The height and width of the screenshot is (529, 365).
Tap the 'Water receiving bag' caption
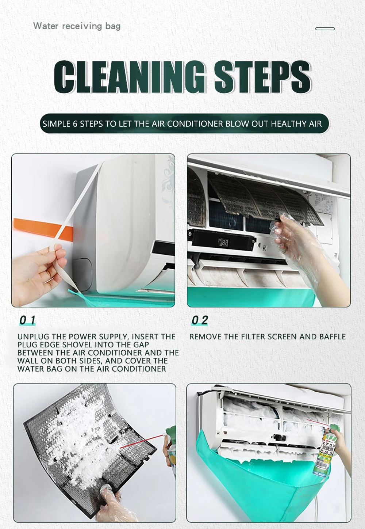click(77, 26)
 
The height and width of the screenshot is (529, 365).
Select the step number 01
click(27, 320)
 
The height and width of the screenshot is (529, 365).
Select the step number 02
click(200, 320)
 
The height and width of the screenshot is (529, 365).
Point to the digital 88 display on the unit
click(223, 243)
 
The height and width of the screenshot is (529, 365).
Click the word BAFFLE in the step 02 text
click(333, 336)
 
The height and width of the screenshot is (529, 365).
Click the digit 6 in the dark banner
click(75, 124)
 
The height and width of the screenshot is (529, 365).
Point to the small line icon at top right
click(325, 28)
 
